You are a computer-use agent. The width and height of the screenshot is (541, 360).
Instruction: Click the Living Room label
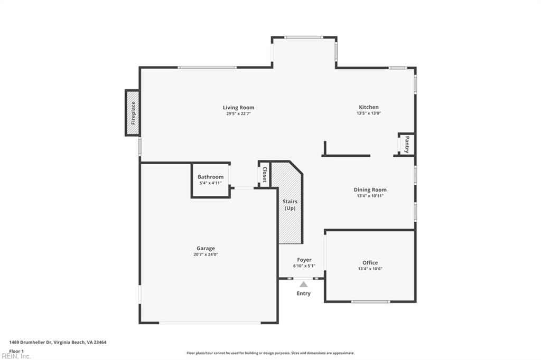(238, 107)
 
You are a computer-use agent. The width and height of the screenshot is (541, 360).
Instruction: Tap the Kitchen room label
(368, 107)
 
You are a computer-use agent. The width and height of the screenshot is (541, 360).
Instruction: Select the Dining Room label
(370, 190)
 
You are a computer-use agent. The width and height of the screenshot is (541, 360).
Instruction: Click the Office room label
(370, 262)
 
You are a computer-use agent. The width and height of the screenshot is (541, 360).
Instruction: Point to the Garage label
(206, 248)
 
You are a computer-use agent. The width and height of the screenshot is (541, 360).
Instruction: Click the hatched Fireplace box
(133, 113)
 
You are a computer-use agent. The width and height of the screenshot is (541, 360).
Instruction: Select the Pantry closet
(406, 145)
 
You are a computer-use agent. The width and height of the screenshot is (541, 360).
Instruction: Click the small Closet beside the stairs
(264, 174)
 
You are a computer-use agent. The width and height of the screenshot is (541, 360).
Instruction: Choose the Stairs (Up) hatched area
(290, 205)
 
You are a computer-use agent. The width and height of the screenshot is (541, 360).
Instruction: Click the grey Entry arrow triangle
(304, 284)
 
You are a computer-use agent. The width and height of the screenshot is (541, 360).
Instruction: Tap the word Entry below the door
(304, 293)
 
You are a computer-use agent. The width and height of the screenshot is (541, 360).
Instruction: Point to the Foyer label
(304, 260)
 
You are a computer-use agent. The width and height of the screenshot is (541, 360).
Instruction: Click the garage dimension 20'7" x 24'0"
(206, 254)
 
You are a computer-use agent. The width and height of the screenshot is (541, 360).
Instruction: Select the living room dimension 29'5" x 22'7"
(238, 113)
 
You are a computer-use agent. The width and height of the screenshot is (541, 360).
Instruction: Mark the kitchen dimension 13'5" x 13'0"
(368, 113)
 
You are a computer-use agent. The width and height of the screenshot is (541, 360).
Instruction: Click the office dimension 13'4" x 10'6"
(370, 269)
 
